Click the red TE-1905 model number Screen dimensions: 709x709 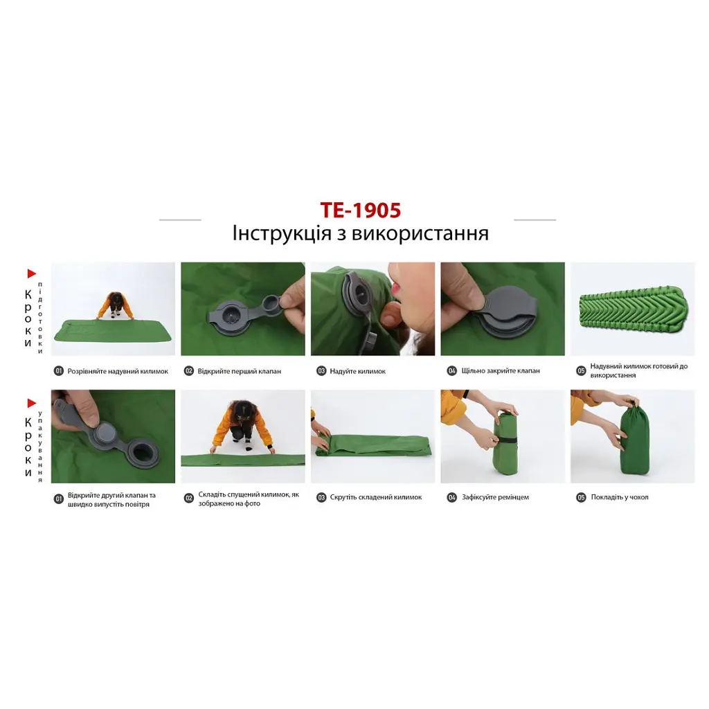pos(360,210)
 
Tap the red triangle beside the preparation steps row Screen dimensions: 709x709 pos(32,273)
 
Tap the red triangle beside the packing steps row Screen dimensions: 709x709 pos(32,404)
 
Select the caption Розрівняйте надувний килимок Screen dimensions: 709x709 pos(118,371)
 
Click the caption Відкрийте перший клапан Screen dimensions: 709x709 pos(239,371)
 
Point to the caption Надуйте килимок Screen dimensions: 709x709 pos(358,371)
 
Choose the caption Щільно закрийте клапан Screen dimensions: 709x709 pos(501,371)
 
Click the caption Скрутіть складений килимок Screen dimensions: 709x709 pos(376,497)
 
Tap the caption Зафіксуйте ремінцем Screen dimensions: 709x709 pos(495,497)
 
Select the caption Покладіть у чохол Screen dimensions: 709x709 pos(620,497)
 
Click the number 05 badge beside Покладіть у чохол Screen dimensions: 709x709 pos(581,497)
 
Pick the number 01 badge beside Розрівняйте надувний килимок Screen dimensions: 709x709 pos(59,371)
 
